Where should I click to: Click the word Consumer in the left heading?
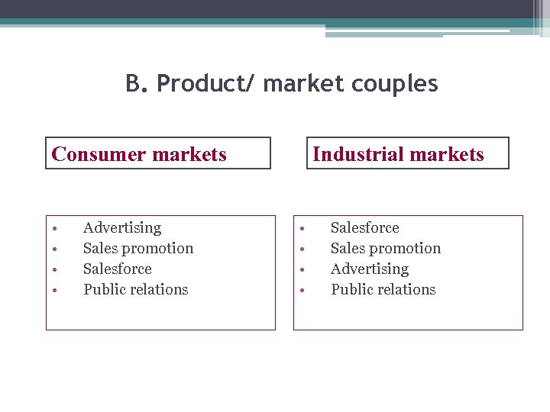click(x=99, y=154)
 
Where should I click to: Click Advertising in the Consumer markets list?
click(x=122, y=227)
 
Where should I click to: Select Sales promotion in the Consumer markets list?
click(x=138, y=248)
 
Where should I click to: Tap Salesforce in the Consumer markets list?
click(x=118, y=269)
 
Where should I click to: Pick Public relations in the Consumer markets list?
click(x=136, y=289)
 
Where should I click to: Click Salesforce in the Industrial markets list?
click(x=365, y=227)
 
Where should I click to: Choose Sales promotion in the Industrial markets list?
click(x=386, y=248)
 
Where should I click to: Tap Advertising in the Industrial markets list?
click(x=370, y=269)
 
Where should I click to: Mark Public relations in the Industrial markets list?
click(x=383, y=289)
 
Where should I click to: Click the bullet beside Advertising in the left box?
click(x=56, y=228)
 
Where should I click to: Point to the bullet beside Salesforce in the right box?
click(x=303, y=228)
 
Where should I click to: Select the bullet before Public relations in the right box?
click(x=303, y=290)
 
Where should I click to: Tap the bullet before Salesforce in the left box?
click(x=56, y=269)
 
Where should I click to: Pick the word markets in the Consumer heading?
click(x=189, y=154)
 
